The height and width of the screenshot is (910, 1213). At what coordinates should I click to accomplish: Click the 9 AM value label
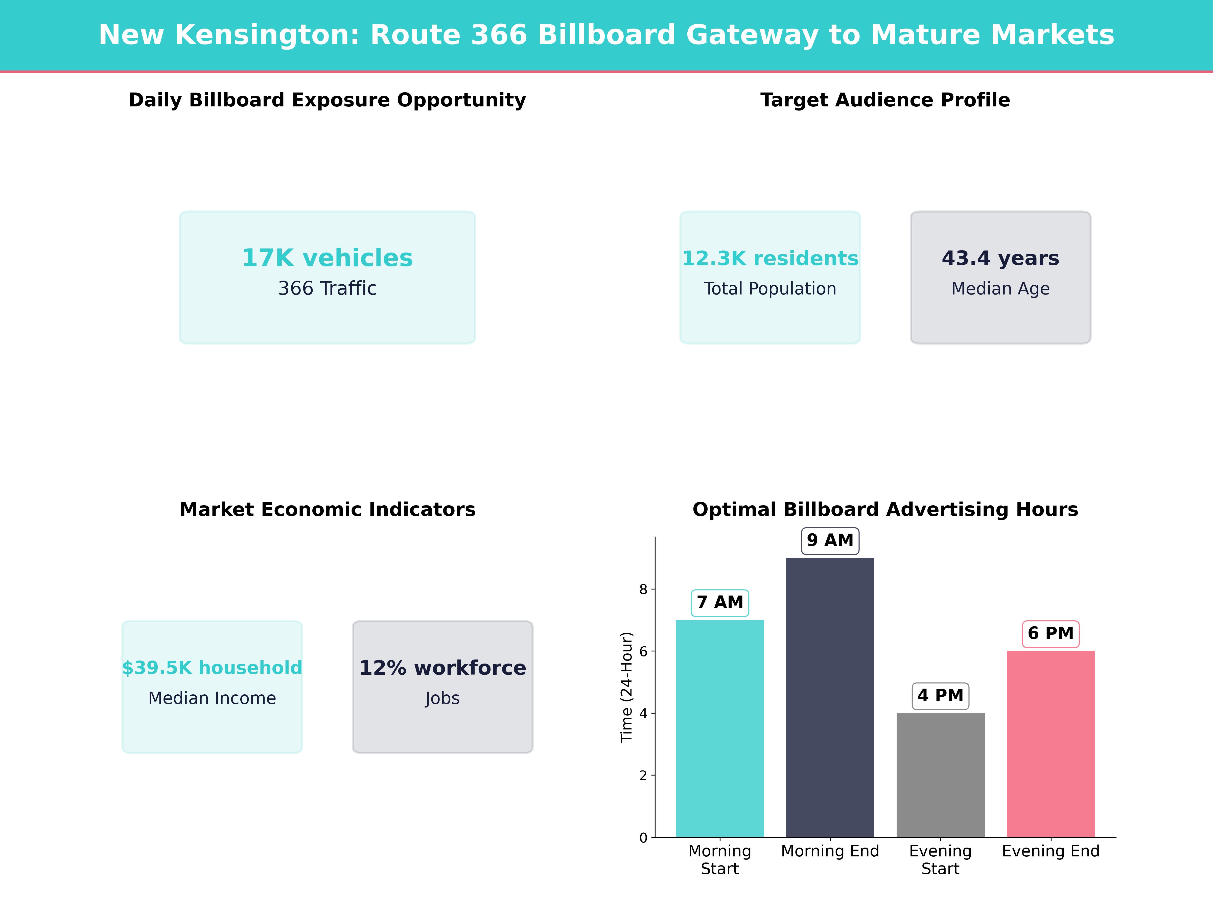[830, 541]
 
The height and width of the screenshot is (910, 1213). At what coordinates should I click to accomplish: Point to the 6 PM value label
[1051, 633]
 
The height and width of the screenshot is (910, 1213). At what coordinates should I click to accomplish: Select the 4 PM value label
[941, 696]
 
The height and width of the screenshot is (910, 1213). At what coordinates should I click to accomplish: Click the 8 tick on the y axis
[643, 589]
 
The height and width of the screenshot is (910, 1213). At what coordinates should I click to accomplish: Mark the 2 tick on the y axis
[643, 776]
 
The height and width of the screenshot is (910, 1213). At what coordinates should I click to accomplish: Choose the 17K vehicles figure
[327, 258]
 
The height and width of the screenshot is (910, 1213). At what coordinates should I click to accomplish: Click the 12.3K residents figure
[770, 258]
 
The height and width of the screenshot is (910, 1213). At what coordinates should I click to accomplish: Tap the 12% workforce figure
[442, 668]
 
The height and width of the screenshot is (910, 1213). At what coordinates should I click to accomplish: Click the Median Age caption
[1000, 288]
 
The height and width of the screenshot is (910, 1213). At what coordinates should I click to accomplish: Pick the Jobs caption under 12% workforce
[442, 698]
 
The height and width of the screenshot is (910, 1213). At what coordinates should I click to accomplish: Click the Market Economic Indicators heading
[327, 510]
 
